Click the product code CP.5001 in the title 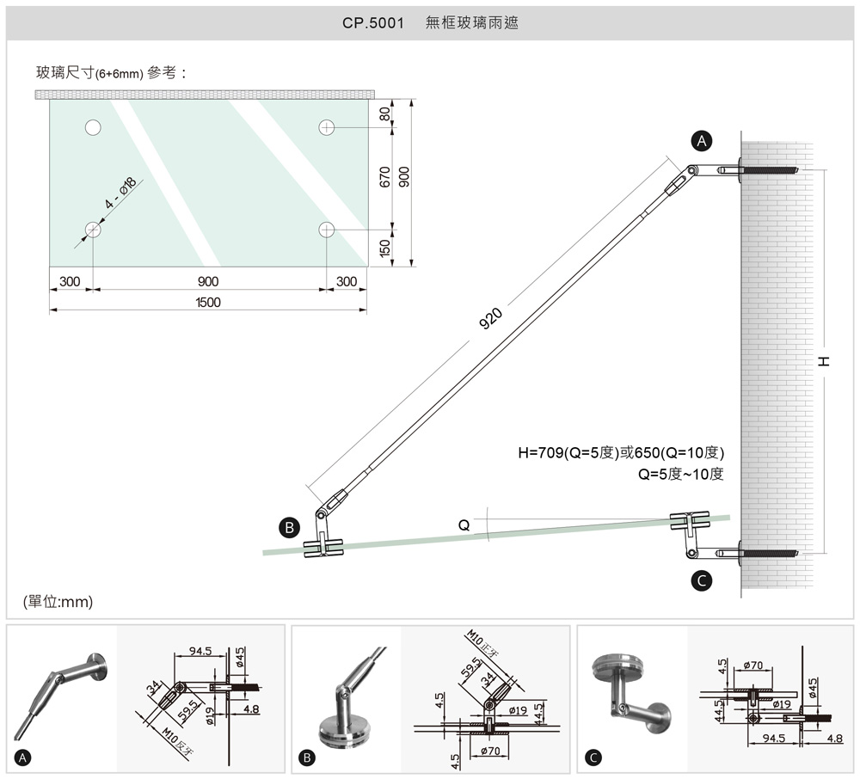point(373,23)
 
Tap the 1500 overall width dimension point(207,302)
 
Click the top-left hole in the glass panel point(93,128)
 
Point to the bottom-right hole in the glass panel point(326,230)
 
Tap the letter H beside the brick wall point(824,361)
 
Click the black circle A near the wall point(703,140)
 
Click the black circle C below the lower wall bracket point(703,581)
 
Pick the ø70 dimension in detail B point(490,751)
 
